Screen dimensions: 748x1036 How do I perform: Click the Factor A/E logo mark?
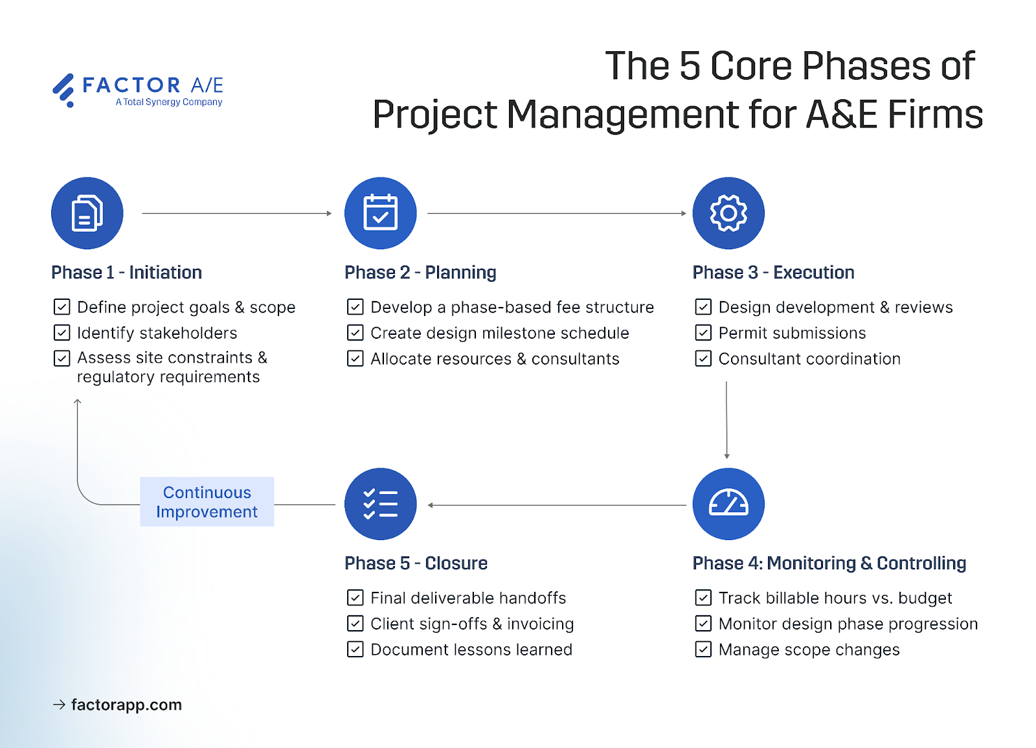63,89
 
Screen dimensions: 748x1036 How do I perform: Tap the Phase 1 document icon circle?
87,213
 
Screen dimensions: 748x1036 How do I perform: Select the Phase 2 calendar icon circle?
381,213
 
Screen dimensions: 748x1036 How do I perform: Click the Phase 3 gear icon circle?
728,213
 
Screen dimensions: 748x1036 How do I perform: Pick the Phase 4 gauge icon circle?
728,504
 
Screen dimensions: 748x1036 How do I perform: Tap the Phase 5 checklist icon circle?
381,504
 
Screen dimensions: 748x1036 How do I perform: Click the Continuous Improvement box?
207,502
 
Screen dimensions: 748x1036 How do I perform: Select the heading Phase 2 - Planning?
420,273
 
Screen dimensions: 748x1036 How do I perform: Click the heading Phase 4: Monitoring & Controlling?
829,563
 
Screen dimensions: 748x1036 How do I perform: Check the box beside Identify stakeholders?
62,333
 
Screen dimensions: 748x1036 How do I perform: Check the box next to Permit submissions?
703,333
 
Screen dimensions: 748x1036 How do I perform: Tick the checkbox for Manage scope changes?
703,650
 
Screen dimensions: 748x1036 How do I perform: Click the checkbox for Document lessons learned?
355,650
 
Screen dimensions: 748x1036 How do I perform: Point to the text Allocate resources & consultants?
495,359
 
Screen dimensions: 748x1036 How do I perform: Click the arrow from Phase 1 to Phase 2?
236,213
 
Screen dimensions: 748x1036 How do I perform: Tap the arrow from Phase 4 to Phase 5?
557,505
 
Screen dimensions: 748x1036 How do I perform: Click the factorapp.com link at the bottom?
126,705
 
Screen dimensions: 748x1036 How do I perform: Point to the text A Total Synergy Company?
169,102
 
